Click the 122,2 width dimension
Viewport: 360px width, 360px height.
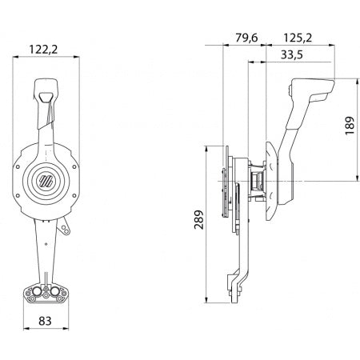46,49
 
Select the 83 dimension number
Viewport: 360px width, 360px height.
46,322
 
